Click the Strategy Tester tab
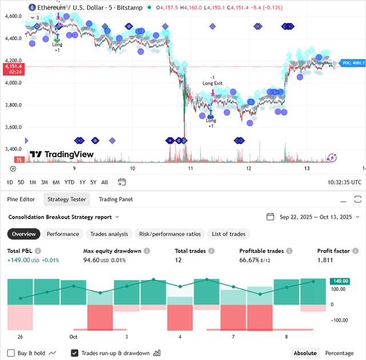pos(66,199)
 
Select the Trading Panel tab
pos(116,199)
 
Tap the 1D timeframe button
pos(10,182)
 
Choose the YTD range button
pos(69,182)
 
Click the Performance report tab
pos(63,234)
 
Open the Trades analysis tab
pos(109,234)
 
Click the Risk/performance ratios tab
pos(170,234)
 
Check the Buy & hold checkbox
pos(11,353)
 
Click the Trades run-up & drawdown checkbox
pos(75,353)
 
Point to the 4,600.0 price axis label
pos(13,16)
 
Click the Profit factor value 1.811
pos(327,260)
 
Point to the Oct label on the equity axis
pos(73,337)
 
